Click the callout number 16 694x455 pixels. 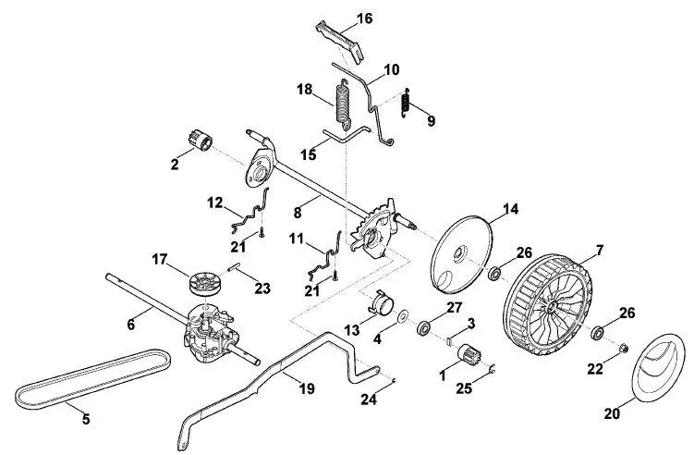coord(365,18)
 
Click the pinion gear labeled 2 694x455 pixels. coord(201,140)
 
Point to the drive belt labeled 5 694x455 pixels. coord(93,379)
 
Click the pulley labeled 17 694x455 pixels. coord(204,284)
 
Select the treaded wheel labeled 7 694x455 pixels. coord(547,306)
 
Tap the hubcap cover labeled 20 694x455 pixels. coord(656,368)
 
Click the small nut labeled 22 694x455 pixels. coord(622,349)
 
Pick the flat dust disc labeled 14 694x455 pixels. coord(460,254)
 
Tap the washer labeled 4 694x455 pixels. coord(402,317)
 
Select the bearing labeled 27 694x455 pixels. coord(424,328)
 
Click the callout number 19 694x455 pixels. coord(307,388)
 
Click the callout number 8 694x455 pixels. coord(297,213)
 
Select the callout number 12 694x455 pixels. coord(214,203)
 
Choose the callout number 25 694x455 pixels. coord(464,388)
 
